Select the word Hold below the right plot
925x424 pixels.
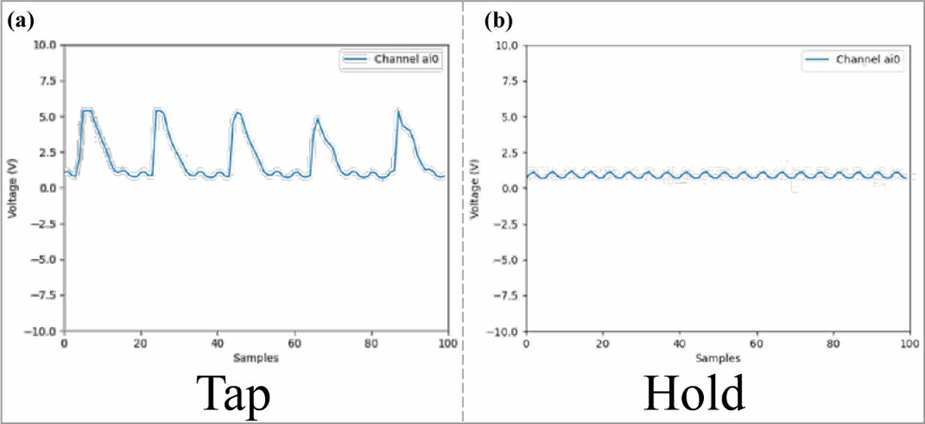point(694,394)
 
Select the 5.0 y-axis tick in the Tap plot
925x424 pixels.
point(47,117)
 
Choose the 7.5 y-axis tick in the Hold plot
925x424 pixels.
point(509,81)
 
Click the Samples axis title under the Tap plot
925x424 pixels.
point(255,358)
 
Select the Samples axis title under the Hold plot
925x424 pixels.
point(717,358)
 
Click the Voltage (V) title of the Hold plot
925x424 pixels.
point(475,188)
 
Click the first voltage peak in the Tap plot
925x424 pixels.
point(87,110)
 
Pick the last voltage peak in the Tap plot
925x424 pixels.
point(398,111)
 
